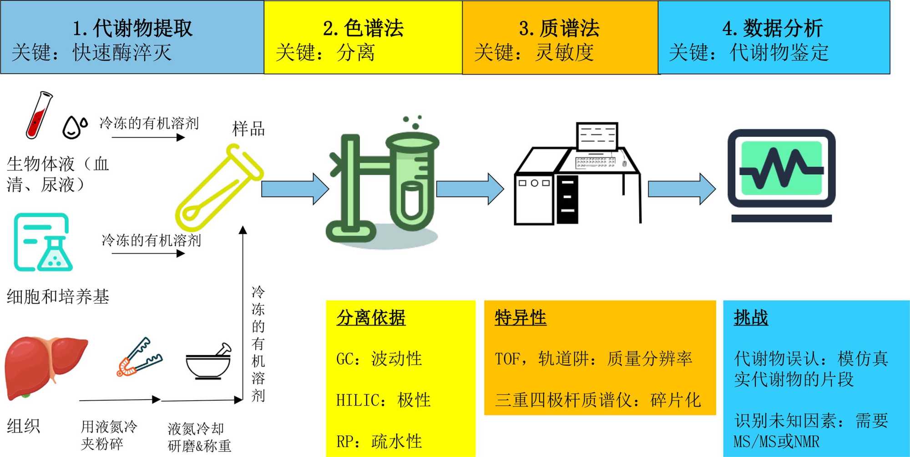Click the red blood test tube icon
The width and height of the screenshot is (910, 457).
pos(38,115)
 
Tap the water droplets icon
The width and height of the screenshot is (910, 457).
pos(75,126)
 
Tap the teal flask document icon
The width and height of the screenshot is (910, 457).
pos(43,242)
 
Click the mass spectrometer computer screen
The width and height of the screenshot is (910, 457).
pos(597,136)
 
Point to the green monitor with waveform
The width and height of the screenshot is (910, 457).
pos(781,168)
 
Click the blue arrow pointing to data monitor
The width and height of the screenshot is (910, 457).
pos(681,189)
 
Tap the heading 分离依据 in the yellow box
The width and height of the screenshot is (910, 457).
pos(371,317)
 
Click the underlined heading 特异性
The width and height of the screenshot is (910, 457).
pos(521,317)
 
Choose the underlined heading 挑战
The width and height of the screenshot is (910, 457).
pos(751,317)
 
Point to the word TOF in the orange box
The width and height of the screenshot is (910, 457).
pos(507,359)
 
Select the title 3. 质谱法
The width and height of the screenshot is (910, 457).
pos(559,28)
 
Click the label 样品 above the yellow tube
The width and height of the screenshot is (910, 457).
pos(248,129)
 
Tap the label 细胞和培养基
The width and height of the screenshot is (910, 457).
pos(58,296)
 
